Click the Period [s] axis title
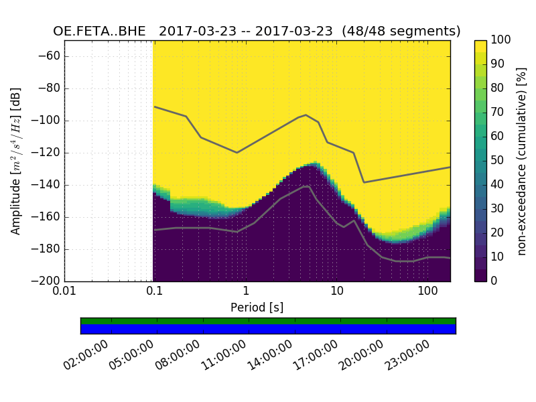[257, 308]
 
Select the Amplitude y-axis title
[16, 161]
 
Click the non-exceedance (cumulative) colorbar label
[523, 161]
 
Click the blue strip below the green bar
[268, 329]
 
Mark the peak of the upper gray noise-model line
[306, 115]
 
